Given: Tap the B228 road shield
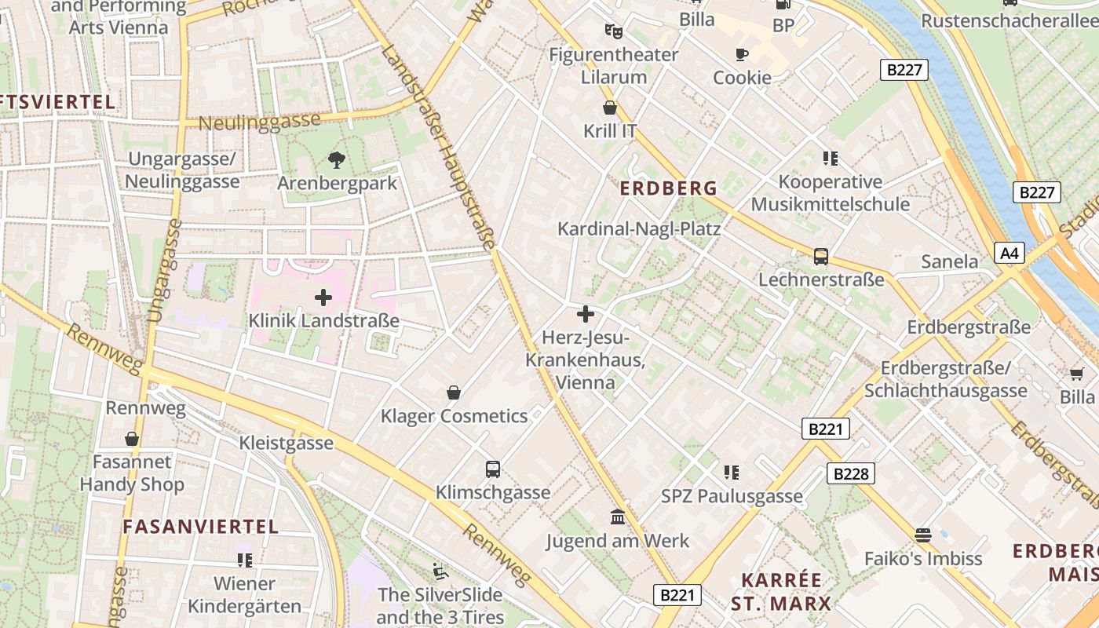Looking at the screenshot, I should (x=850, y=473).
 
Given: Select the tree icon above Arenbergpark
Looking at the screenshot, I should (x=337, y=160).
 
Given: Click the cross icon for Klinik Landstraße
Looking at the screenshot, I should (x=323, y=298).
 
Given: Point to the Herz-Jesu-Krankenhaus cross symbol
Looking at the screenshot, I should (x=585, y=315).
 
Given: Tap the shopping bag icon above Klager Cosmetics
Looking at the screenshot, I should (x=453, y=392).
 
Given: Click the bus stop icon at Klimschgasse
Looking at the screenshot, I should (x=493, y=469).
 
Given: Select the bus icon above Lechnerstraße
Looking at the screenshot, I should (x=820, y=256).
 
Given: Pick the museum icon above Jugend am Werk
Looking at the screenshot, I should (x=617, y=517).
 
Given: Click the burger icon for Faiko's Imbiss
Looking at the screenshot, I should (x=923, y=535).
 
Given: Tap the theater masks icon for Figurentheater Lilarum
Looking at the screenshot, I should (x=613, y=31).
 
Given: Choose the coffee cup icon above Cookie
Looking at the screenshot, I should (x=741, y=54).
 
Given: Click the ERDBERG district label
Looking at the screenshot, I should (x=669, y=188).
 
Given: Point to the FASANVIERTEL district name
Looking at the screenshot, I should (x=201, y=527).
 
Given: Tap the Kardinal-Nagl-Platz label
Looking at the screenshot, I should (x=638, y=228).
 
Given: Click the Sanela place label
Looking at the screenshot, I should (x=950, y=261).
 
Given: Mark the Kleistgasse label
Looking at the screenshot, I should (x=287, y=444).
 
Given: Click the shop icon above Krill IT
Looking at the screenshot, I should (x=610, y=108).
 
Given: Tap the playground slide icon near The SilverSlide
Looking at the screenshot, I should (x=440, y=571).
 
